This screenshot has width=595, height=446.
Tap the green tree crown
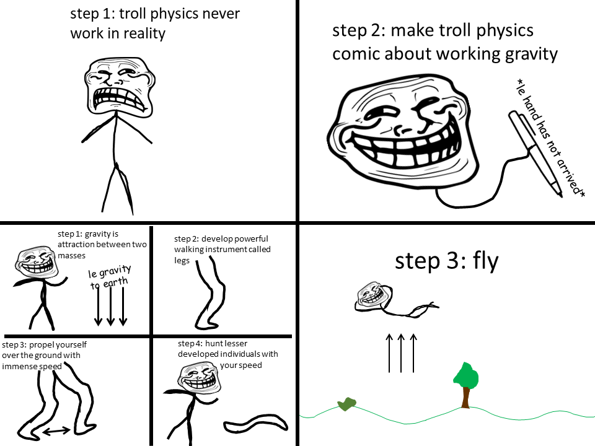click(466, 375)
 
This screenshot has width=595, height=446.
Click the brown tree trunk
click(465, 397)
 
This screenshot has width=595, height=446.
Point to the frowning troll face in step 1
click(117, 86)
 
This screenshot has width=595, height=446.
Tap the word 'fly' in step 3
click(485, 261)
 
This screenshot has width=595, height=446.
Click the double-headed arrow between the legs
click(56, 429)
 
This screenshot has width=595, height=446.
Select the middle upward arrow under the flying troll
click(401, 352)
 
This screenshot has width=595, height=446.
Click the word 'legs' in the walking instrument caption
click(182, 261)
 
